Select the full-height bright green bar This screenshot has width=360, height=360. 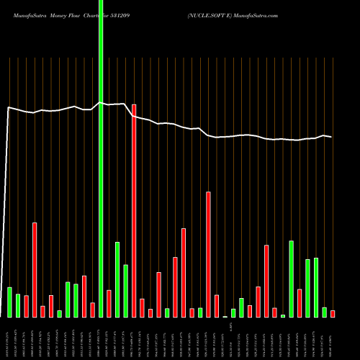point(101,158)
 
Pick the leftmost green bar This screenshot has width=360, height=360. point(9,302)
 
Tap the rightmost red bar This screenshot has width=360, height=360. point(333,313)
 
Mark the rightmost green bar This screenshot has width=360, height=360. point(324,312)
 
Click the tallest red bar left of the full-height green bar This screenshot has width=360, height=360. point(35,269)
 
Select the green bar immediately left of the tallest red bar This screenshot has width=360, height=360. point(125,291)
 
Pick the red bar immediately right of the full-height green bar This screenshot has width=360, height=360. point(109,303)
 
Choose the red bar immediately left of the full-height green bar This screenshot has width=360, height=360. point(92,310)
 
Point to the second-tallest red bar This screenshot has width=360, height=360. point(208,254)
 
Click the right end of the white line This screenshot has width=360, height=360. point(331,137)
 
